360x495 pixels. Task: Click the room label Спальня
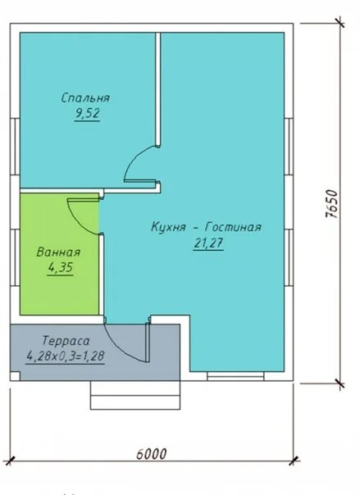click(85, 98)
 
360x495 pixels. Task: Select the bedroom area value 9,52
click(87, 113)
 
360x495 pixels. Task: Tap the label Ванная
click(58, 252)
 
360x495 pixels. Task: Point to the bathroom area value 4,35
click(60, 267)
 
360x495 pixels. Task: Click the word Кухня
click(168, 227)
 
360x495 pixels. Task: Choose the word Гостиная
click(234, 227)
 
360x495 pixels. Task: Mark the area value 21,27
click(208, 243)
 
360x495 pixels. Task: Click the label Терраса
click(66, 341)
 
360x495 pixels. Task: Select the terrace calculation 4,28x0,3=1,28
click(65, 356)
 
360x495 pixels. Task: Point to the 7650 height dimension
click(331, 203)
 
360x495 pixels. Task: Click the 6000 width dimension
click(151, 454)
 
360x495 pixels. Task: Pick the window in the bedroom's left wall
click(15, 147)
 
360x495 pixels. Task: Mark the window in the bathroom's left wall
click(15, 257)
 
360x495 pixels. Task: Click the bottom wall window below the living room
click(235, 376)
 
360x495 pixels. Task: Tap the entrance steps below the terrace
click(135, 395)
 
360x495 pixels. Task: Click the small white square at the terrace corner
click(15, 376)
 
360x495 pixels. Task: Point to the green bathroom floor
click(59, 293)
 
